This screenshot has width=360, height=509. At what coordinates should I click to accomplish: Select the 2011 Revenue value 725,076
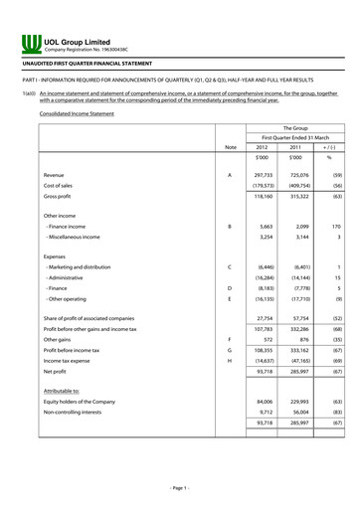coord(295,174)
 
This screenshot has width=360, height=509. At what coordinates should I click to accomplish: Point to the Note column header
coord(230,147)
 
